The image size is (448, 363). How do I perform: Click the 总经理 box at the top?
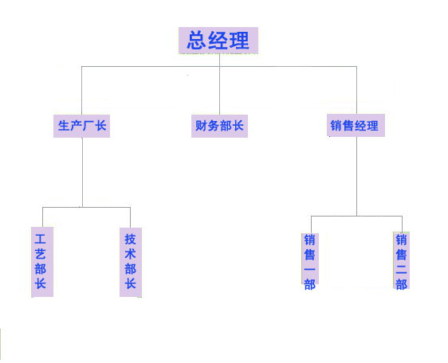(218, 41)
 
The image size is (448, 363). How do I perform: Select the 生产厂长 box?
(82, 126)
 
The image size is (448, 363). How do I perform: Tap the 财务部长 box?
(219, 126)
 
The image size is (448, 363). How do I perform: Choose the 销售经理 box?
(356, 125)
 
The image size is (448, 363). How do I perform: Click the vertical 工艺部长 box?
(42, 262)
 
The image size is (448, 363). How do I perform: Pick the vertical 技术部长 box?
(131, 262)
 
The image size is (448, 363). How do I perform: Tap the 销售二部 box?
(402, 261)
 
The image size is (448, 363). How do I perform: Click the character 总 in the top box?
(197, 41)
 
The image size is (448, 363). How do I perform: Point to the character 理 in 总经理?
(239, 41)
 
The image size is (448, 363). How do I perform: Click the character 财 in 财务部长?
(201, 126)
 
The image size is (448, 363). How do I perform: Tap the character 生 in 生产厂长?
(64, 126)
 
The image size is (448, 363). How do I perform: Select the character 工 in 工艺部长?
(41, 239)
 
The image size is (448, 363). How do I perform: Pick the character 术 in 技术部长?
(130, 254)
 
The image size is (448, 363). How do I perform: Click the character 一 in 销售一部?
(310, 269)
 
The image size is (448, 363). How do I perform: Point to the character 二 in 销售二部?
(401, 269)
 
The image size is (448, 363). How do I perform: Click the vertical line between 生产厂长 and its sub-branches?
(82, 173)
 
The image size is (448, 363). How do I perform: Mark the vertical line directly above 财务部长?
(219, 84)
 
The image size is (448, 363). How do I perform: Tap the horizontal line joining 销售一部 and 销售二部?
(356, 216)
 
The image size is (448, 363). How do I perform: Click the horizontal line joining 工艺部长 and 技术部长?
(86, 207)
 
